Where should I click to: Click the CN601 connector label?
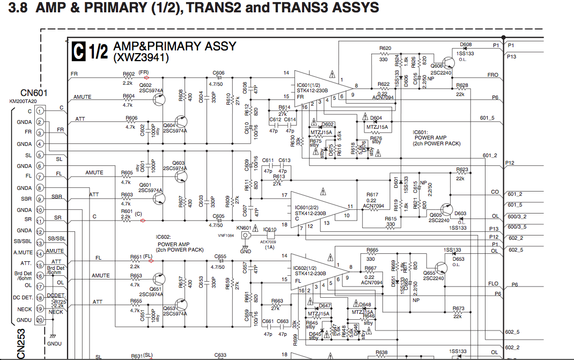pos(33,93)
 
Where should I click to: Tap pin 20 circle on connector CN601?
pos(40,320)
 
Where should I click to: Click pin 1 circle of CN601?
pos(40,111)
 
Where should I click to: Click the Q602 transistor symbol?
pos(158,98)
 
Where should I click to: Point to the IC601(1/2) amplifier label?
pos(312,85)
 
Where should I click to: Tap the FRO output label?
pos(492,75)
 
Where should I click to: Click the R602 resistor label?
pos(128,74)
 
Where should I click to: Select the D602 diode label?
pos(327,124)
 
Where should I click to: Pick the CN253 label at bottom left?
pos(21,343)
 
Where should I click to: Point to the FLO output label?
pos(493,284)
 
